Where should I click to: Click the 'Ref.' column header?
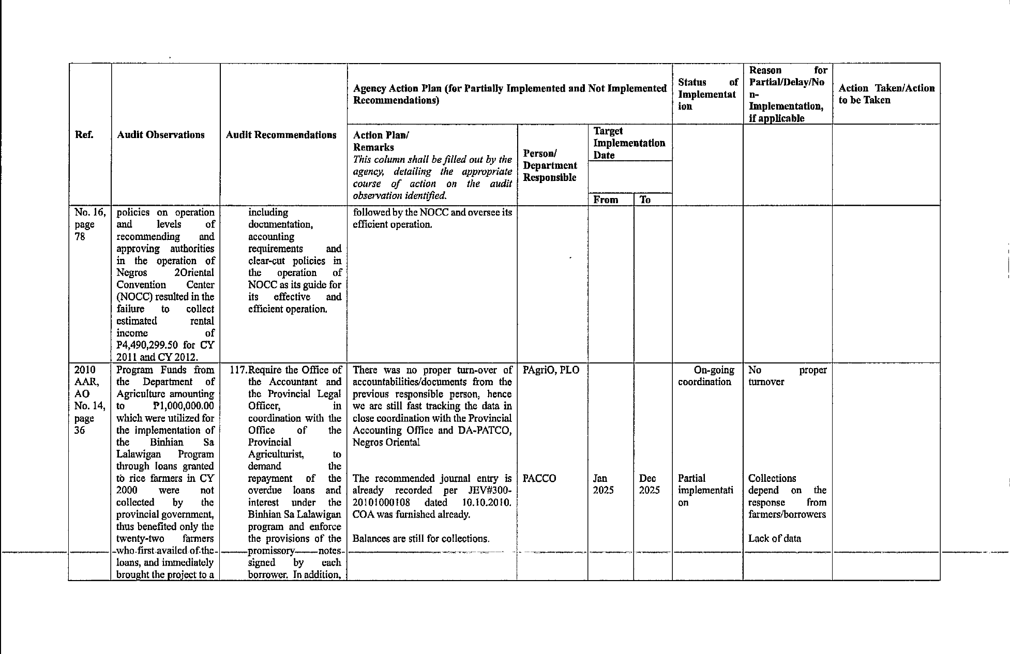click(x=84, y=135)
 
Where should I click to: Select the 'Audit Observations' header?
click(x=161, y=135)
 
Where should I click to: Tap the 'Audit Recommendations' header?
click(x=281, y=135)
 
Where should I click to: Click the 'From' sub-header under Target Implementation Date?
click(x=606, y=200)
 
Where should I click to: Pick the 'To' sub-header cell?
click(x=645, y=200)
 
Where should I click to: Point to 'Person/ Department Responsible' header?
click(x=550, y=165)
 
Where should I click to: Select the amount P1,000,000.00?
click(x=184, y=406)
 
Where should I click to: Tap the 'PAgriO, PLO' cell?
click(x=551, y=370)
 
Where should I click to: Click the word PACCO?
click(x=539, y=478)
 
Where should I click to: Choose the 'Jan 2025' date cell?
click(x=603, y=484)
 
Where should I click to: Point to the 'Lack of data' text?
click(x=774, y=538)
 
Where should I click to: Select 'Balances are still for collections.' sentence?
click(x=420, y=538)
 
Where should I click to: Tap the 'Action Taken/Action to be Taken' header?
click(x=886, y=94)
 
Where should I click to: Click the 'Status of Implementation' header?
click(x=707, y=94)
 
